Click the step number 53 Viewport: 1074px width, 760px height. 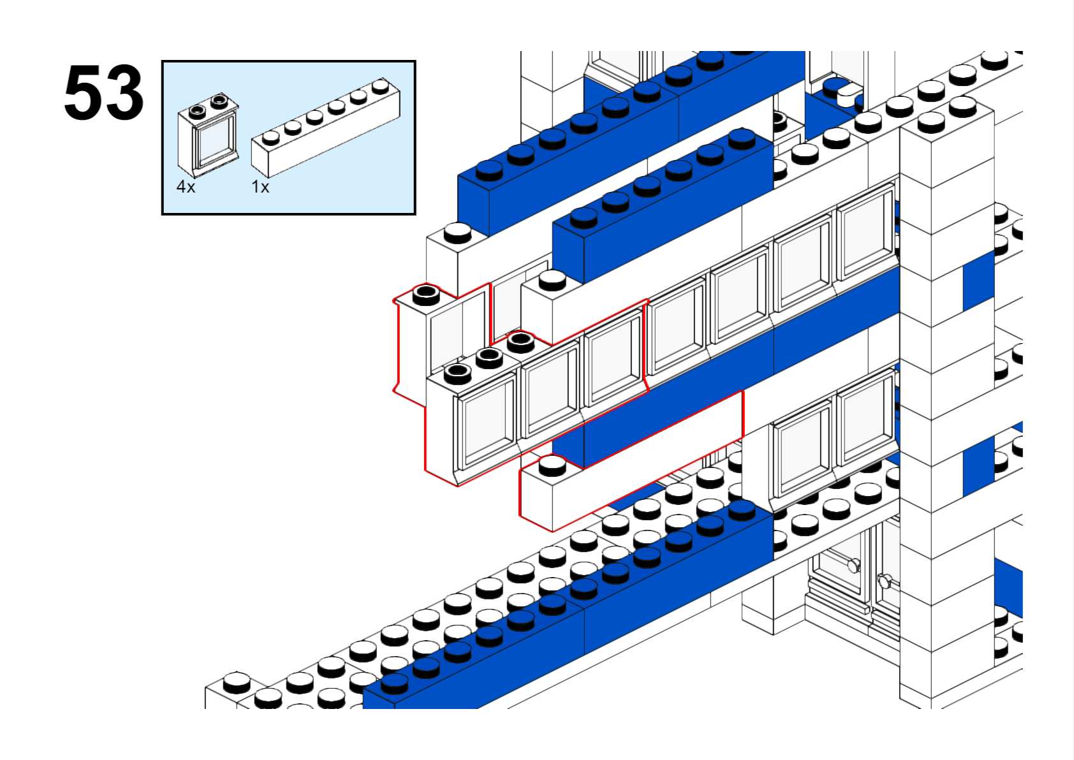104,93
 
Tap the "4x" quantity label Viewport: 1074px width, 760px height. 186,187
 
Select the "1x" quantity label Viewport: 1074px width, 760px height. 260,187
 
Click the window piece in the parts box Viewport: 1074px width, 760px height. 209,135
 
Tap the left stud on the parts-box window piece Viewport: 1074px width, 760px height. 198,110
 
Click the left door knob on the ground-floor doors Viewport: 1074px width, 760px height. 854,565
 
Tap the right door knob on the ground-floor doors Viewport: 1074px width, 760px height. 885,580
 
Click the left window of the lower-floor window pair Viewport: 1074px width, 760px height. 803,449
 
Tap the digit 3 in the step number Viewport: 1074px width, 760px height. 125,93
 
